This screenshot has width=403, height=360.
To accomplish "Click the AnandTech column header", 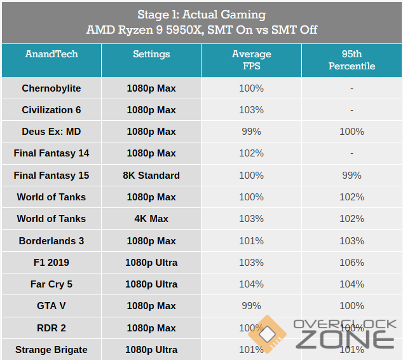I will tap(51, 54).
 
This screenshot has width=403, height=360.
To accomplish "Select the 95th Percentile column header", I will tap(352, 60).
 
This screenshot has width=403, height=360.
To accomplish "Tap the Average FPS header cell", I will tap(251, 60).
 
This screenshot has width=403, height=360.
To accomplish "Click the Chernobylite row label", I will tap(51, 88).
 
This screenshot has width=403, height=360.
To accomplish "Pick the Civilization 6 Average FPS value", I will tap(251, 110).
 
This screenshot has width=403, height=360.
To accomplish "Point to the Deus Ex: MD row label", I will tap(51, 132).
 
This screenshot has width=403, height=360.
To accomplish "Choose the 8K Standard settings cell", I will tap(151, 176).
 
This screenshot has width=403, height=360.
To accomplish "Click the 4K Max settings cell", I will tap(151, 219).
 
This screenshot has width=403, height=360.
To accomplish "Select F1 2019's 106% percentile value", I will tap(352, 263).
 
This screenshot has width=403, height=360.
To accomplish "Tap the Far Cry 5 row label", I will tap(51, 284).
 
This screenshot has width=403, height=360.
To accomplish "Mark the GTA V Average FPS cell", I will tap(251, 306).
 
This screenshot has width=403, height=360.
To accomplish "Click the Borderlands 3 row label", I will tap(51, 241).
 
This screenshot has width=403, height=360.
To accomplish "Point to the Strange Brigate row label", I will tap(51, 350).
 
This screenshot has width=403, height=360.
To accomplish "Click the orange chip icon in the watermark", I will tap(267, 335).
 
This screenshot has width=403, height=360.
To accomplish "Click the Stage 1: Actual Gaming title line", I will tap(201, 15).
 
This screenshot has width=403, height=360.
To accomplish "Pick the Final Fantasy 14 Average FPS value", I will tap(251, 153).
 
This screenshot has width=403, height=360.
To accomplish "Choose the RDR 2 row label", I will tap(51, 328).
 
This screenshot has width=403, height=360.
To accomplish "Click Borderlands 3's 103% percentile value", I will tap(352, 241).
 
